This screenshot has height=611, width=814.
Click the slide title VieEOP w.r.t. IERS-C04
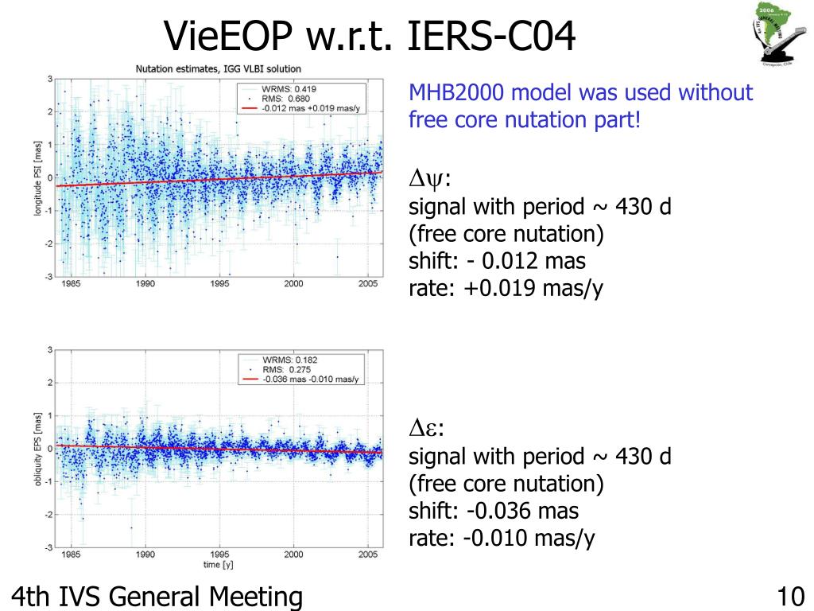369,36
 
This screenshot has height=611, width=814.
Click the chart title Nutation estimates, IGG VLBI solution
217,69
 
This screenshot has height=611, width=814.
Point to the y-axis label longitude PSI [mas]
37,177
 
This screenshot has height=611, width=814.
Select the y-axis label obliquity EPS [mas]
37,449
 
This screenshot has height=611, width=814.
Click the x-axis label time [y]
217,565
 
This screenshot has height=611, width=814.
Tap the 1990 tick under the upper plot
145,283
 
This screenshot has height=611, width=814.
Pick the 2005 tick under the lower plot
367,555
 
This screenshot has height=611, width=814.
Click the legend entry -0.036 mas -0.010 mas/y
311,379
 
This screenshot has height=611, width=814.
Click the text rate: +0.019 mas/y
506,288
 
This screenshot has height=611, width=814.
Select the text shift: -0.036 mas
494,510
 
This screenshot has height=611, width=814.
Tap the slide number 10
791,596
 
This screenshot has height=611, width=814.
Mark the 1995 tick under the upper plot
220,283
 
